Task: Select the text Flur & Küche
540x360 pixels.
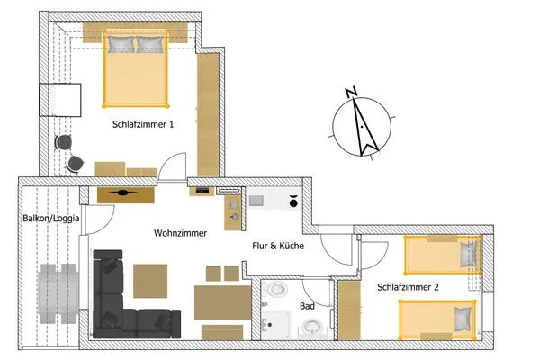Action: click(275, 245)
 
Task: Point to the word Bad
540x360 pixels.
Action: click(306, 306)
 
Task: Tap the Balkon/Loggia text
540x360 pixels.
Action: click(49, 218)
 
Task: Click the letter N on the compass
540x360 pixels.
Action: click(352, 91)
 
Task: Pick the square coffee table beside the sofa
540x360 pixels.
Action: click(150, 279)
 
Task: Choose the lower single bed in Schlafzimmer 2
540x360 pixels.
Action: click(436, 317)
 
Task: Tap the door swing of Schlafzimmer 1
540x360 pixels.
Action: click(174, 166)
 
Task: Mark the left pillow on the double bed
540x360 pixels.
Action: click(121, 44)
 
